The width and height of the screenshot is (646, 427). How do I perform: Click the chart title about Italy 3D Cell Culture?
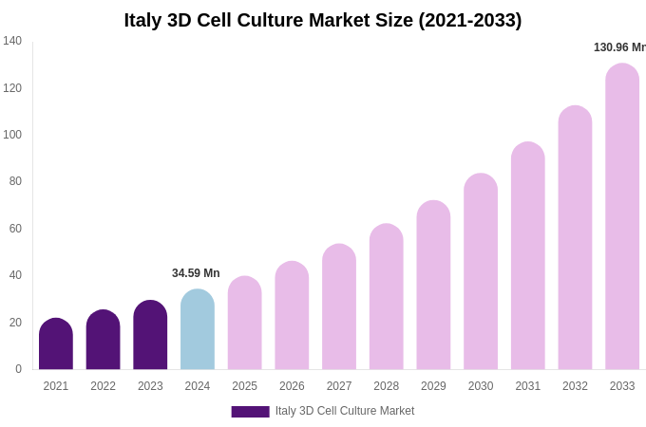[322, 20]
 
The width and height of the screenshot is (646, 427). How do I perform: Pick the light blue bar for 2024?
[198, 330]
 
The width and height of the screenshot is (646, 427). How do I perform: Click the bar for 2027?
[339, 307]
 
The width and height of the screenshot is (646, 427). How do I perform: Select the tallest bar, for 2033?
[622, 217]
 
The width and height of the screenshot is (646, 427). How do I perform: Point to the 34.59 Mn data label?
[196, 273]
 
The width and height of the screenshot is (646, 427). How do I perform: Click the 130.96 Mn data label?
[619, 47]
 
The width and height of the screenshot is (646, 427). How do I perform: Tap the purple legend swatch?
[250, 412]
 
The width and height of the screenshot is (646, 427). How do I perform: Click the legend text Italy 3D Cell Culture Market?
[345, 411]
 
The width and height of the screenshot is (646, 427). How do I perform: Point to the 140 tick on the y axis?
[12, 41]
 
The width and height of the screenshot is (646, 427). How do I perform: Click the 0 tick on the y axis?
[18, 369]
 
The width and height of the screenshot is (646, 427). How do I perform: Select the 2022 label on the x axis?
[103, 386]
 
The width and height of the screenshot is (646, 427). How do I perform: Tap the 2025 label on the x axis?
[244, 386]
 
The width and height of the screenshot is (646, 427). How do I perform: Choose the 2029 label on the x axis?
[433, 386]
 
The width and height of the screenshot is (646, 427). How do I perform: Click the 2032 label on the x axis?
[575, 386]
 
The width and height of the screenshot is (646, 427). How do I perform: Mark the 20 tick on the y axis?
[15, 323]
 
